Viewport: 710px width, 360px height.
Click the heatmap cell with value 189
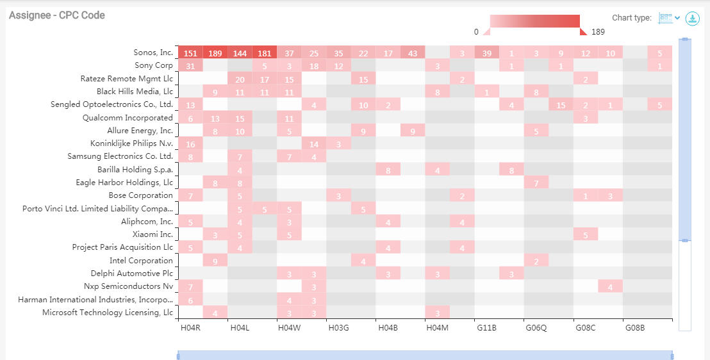click(215, 53)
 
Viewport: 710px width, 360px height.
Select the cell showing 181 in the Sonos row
click(264, 53)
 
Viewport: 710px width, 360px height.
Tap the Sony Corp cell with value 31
click(190, 66)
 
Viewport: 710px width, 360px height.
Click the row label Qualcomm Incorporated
click(128, 118)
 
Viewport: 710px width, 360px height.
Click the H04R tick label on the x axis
click(190, 328)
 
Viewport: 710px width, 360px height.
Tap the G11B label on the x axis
click(486, 328)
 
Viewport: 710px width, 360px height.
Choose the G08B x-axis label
click(635, 328)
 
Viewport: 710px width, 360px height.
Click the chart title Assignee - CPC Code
click(56, 15)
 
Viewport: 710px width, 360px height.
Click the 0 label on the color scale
click(476, 32)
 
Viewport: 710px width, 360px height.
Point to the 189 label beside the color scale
click(598, 32)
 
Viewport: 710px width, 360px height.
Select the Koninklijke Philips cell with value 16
click(190, 144)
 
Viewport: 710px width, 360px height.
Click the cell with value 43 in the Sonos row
click(413, 53)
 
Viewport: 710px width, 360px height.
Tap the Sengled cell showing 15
click(561, 105)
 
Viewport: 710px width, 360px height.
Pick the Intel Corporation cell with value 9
click(215, 261)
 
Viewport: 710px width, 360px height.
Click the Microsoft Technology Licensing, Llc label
click(107, 313)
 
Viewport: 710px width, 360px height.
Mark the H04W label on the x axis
click(289, 328)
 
